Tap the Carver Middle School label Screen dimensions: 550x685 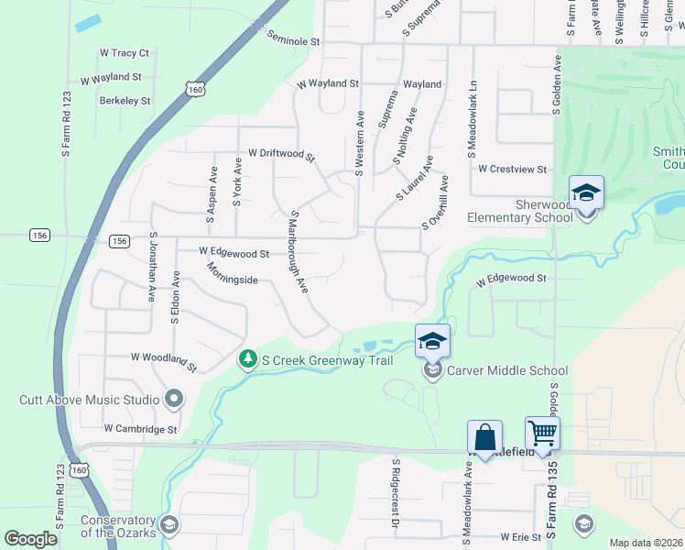click(508, 371)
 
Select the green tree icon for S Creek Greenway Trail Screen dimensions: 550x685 click(246, 359)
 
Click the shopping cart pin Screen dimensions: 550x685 click(542, 433)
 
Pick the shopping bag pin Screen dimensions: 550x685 click(484, 437)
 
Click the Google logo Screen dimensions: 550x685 click(30, 539)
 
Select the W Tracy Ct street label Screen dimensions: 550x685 click(124, 54)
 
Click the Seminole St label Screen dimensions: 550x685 click(293, 39)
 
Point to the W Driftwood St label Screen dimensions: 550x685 click(281, 155)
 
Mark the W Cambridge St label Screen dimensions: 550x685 click(140, 429)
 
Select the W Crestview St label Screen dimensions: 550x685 click(512, 170)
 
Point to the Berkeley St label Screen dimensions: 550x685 click(125, 101)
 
